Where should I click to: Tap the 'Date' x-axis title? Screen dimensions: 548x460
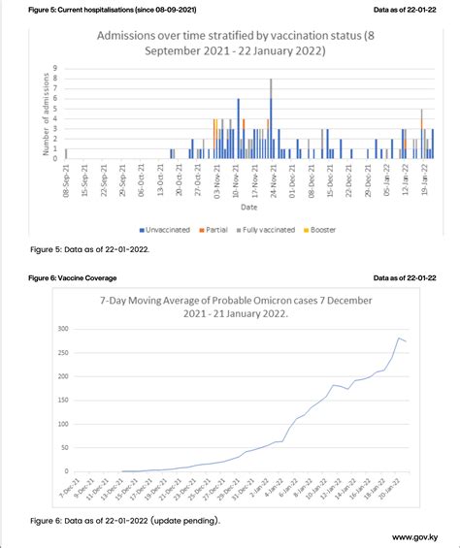pyautogui.click(x=248, y=206)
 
